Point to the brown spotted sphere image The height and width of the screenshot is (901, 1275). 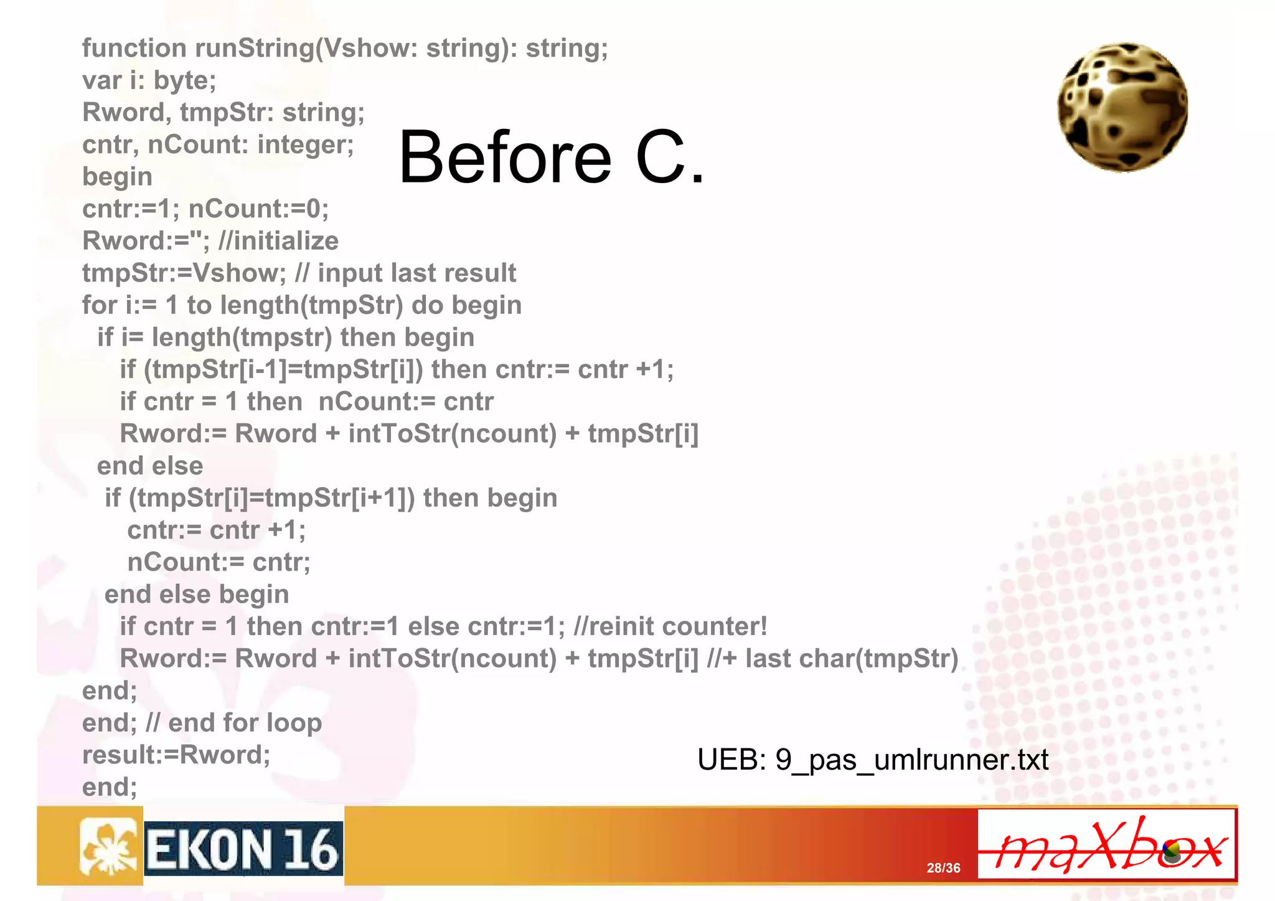pos(1122,107)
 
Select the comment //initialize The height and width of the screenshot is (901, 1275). pos(278,241)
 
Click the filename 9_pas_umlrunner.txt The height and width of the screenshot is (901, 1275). pos(911,760)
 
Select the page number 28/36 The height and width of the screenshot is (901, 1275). pos(943,868)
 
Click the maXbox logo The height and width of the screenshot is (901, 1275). pos(1106,844)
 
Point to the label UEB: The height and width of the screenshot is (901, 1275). pos(732,760)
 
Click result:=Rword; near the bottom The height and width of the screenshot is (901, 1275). pos(176,755)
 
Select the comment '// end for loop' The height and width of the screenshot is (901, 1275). pos(233,723)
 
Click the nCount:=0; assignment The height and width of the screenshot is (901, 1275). pos(258,209)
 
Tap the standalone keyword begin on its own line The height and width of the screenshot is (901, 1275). pos(117,177)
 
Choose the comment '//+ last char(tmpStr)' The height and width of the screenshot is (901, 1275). pos(832,659)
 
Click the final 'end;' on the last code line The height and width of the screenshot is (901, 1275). pos(110,787)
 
